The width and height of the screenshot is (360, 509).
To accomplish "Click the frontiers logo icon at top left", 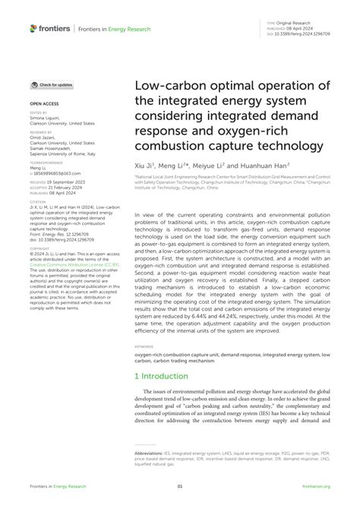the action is (33, 29).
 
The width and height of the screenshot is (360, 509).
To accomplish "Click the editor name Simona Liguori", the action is (47, 118).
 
